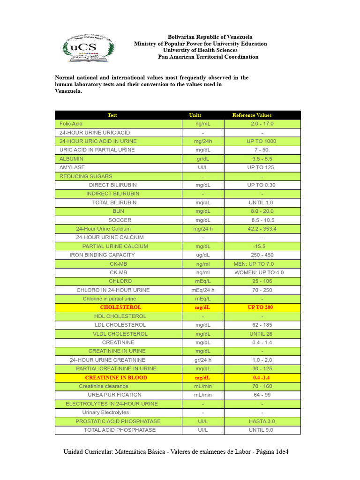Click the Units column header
(x=195, y=115)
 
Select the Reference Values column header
(x=252, y=115)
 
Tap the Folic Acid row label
(x=71, y=124)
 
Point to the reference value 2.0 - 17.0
(x=262, y=124)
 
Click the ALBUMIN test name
(x=71, y=159)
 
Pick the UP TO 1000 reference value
(x=262, y=141)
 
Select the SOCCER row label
(x=120, y=220)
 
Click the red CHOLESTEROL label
(x=120, y=307)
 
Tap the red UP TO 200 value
(x=260, y=307)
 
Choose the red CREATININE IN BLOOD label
(x=116, y=377)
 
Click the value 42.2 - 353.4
(x=262, y=229)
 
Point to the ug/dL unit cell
(x=203, y=255)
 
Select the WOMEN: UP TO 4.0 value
(x=259, y=272)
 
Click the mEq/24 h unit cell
(x=203, y=290)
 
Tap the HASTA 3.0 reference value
(x=262, y=421)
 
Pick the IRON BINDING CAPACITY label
(x=102, y=255)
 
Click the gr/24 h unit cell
(x=203, y=360)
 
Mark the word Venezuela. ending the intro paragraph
(x=68, y=91)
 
